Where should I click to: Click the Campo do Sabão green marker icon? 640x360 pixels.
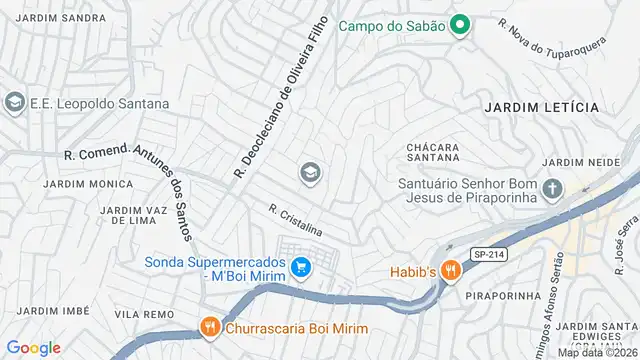(x=460, y=25)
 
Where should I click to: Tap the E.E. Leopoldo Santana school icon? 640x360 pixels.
(x=14, y=102)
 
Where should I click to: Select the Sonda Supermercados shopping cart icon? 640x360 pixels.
(x=300, y=266)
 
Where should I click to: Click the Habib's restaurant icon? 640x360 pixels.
(x=451, y=270)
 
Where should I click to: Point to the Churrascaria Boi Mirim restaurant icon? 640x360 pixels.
(x=209, y=327)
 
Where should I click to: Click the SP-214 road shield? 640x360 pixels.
(x=487, y=255)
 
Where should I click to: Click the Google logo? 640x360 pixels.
(x=34, y=347)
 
